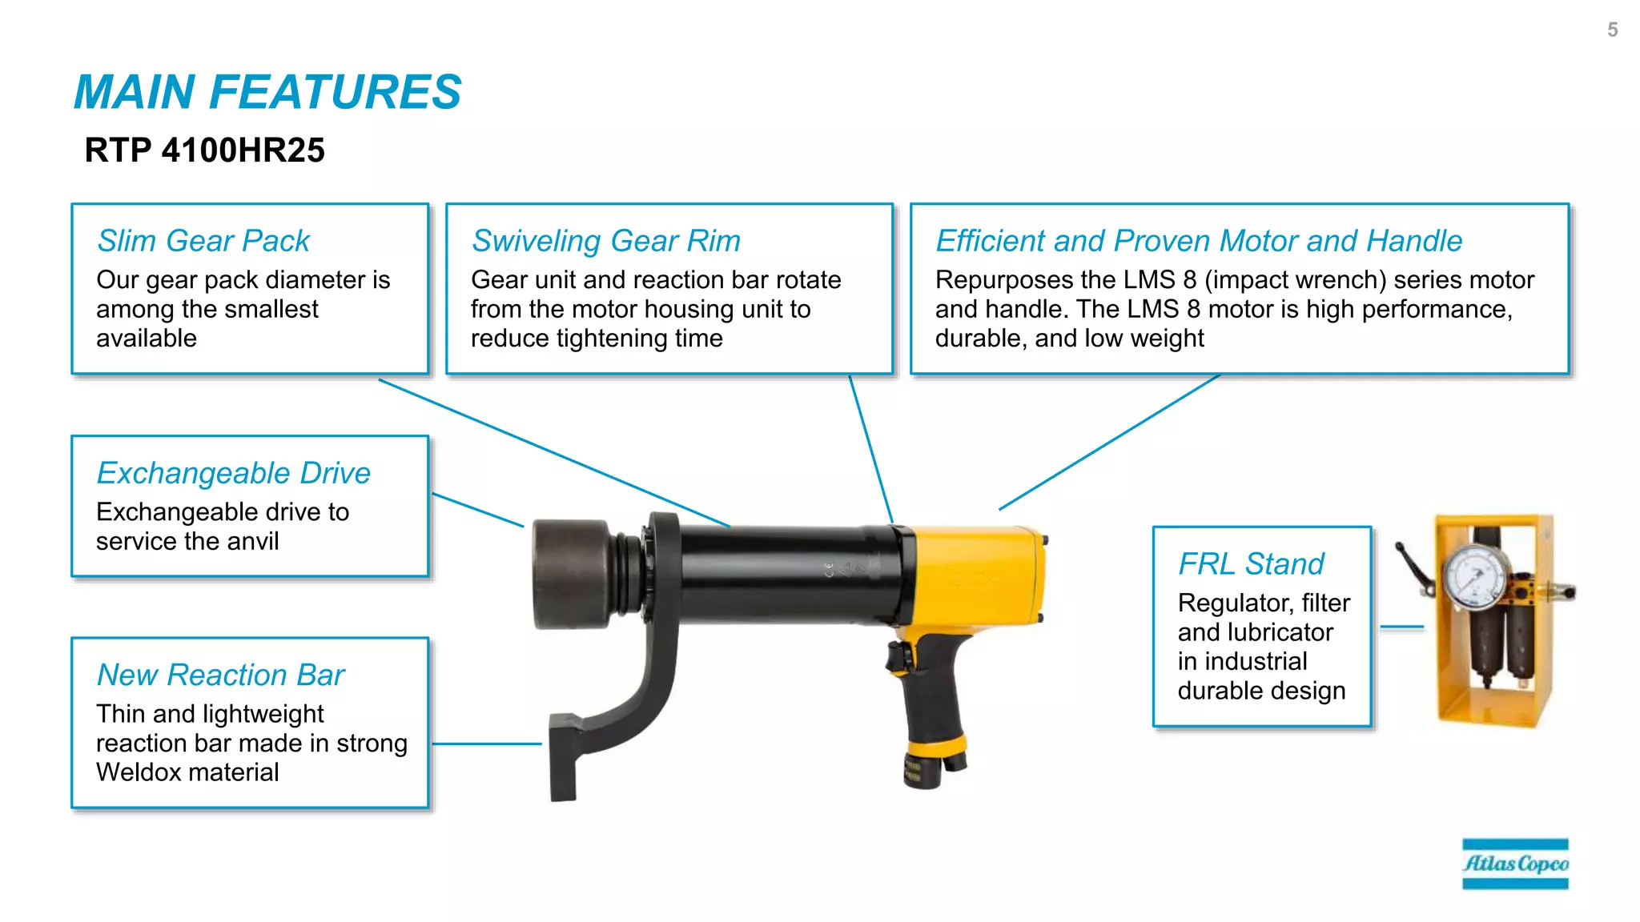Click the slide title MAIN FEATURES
coord(267,92)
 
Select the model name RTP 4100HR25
coord(204,150)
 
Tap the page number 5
coord(1612,30)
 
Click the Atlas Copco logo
coord(1514,864)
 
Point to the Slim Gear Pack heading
coord(203,241)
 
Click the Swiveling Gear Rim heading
coord(605,241)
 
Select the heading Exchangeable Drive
coord(233,473)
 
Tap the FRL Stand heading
coord(1250,564)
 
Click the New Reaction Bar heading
coord(220,675)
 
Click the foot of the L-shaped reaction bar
coord(564,760)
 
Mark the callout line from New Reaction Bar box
coord(486,744)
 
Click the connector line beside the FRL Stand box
coord(1401,627)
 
